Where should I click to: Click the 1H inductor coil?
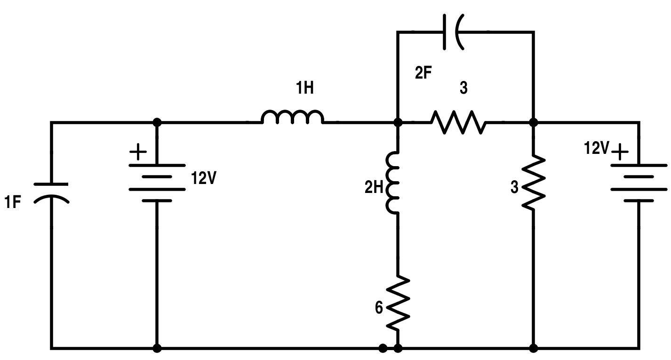[292, 118]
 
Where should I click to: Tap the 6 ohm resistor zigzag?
[398, 303]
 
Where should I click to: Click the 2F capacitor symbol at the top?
[452, 32]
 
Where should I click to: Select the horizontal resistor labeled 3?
[459, 123]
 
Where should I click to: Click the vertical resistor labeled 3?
[534, 183]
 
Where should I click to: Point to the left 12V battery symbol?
[157, 183]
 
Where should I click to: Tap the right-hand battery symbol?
[639, 183]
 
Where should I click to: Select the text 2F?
[423, 74]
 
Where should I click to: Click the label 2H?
[375, 188]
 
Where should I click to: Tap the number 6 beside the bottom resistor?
[379, 308]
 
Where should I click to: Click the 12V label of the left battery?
[203, 178]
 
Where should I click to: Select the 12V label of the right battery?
[596, 149]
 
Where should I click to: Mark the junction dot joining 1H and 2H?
[398, 122]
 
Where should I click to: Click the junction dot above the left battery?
[157, 122]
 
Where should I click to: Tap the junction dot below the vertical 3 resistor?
[534, 348]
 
